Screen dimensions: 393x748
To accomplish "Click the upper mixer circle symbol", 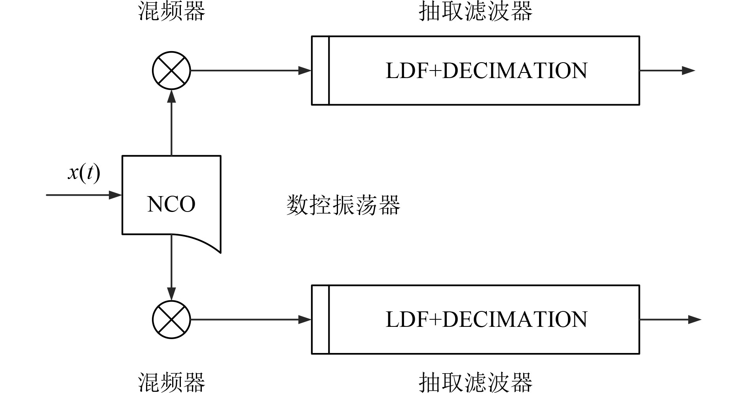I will pyautogui.click(x=171, y=71).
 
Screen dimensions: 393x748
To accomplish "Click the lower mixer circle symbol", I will pyautogui.click(x=171, y=319).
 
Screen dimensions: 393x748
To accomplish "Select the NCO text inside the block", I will pyautogui.click(x=171, y=204).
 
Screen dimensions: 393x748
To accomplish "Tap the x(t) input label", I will pyautogui.click(x=84, y=173).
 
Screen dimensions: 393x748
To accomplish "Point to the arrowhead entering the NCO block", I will pyautogui.click(x=116, y=195).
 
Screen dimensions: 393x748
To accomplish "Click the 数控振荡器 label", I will pyautogui.click(x=343, y=205).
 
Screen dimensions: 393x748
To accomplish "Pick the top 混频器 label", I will pyautogui.click(x=171, y=11).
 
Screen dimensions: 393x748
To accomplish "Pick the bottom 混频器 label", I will pyautogui.click(x=171, y=382).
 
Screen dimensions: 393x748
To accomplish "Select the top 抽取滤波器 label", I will pyautogui.click(x=475, y=11).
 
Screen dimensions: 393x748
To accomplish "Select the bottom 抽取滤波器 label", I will pyautogui.click(x=475, y=382).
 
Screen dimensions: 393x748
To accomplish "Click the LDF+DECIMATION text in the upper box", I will pyautogui.click(x=486, y=71).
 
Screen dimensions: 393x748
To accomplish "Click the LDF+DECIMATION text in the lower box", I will pyautogui.click(x=486, y=319).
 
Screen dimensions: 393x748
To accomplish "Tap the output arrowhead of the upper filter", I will pyautogui.click(x=689, y=71).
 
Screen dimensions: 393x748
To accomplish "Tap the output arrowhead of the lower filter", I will pyautogui.click(x=695, y=319).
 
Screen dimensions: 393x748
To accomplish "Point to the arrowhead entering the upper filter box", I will pyautogui.click(x=305, y=71).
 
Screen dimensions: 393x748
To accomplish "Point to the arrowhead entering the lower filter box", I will pyautogui.click(x=305, y=319).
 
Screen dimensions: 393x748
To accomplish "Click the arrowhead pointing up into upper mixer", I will pyautogui.click(x=171, y=96).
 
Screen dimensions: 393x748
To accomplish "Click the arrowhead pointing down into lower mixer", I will pyautogui.click(x=171, y=294).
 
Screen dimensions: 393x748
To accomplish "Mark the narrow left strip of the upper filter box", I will pyautogui.click(x=321, y=71).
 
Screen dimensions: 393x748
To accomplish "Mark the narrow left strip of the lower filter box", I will pyautogui.click(x=321, y=319).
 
